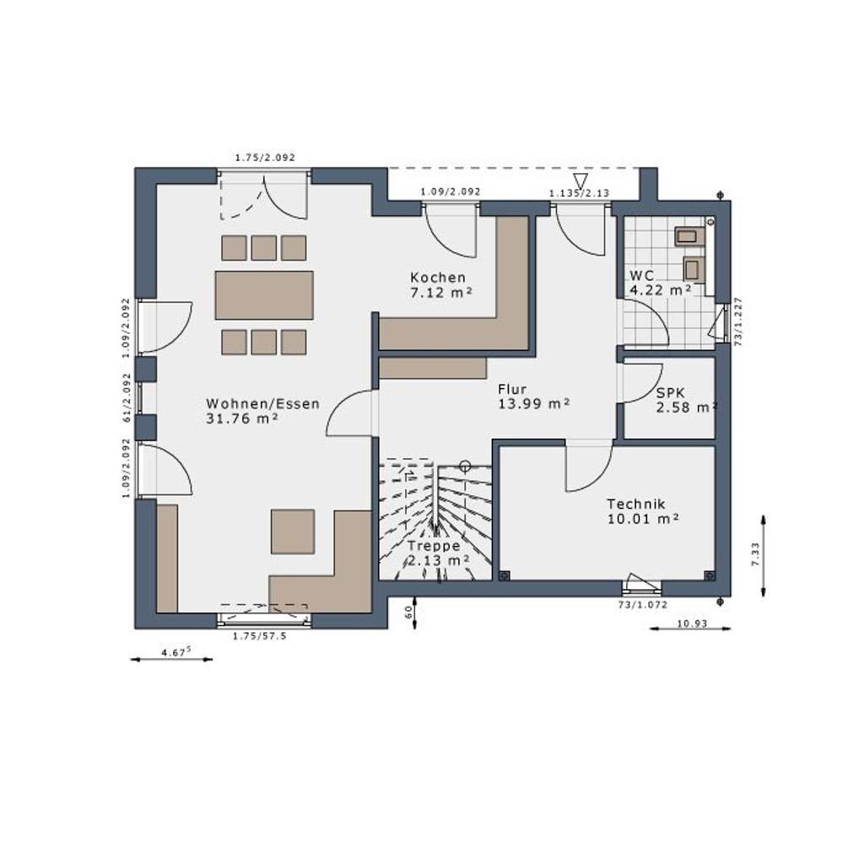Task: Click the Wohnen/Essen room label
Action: pyautogui.click(x=262, y=404)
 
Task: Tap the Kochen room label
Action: pyautogui.click(x=438, y=278)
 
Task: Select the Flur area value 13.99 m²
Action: pyautogui.click(x=533, y=404)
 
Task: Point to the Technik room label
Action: pyautogui.click(x=636, y=504)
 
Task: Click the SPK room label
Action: pyautogui.click(x=672, y=394)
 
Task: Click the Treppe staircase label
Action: pyautogui.click(x=434, y=546)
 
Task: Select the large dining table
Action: pyautogui.click(x=264, y=295)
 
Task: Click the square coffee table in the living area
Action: pyautogui.click(x=293, y=532)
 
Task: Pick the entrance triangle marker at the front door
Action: pyautogui.click(x=580, y=181)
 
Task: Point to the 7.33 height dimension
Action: pyautogui.click(x=754, y=554)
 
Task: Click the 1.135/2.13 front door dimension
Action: pyautogui.click(x=579, y=193)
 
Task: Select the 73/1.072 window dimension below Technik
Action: pyautogui.click(x=642, y=605)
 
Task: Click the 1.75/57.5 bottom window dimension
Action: pyautogui.click(x=260, y=636)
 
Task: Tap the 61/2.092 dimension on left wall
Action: pyautogui.click(x=127, y=397)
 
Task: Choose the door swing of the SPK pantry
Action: pyautogui.click(x=641, y=384)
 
